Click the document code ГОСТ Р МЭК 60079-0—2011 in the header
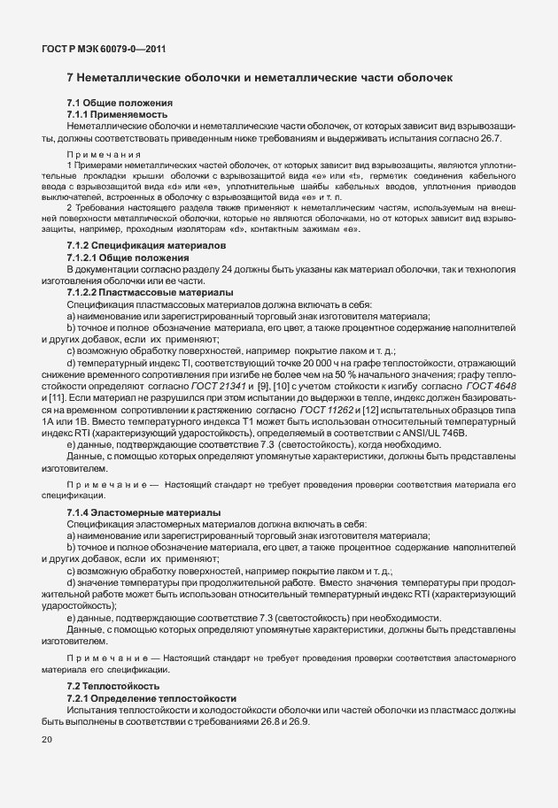96,50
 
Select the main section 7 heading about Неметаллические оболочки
260,78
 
